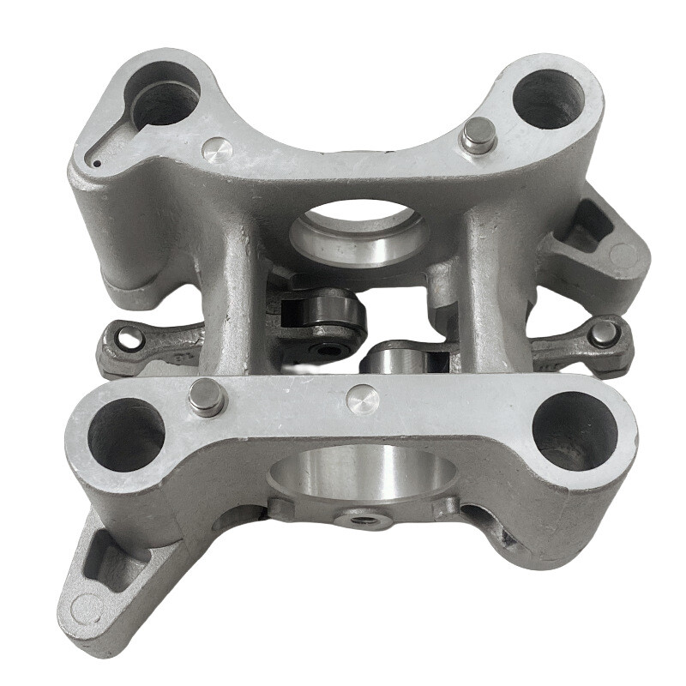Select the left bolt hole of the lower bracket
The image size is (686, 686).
click(125, 434)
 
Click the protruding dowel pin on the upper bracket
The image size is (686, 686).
click(477, 135)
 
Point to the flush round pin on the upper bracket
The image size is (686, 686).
click(217, 150)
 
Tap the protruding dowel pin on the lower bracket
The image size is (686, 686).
click(205, 397)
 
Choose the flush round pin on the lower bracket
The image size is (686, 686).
click(362, 398)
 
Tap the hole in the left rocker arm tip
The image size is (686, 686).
click(129, 337)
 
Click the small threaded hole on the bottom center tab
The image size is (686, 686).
click(364, 518)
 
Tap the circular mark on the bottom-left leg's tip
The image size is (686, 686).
click(86, 609)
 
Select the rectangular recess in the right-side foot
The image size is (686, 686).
click(592, 227)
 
